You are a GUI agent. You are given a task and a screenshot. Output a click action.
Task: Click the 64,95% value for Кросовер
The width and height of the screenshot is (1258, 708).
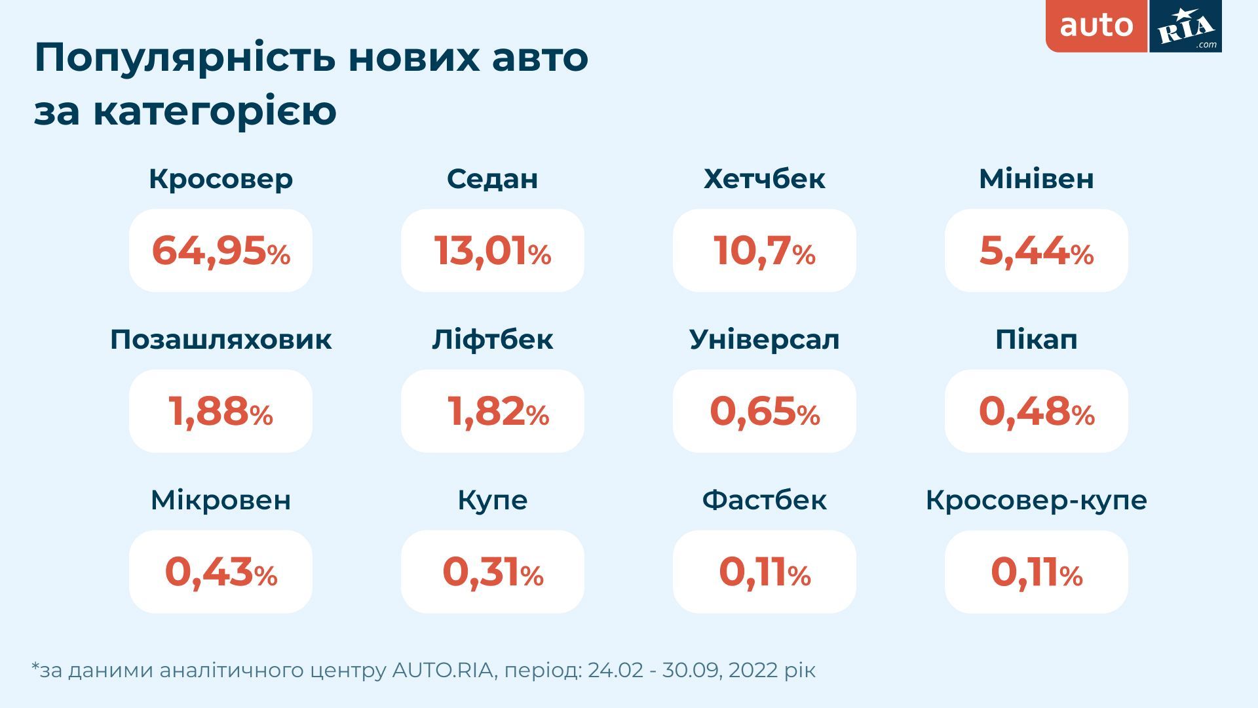pyautogui.click(x=221, y=251)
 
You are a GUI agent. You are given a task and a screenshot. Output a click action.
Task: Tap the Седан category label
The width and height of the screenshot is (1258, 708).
pyautogui.click(x=493, y=179)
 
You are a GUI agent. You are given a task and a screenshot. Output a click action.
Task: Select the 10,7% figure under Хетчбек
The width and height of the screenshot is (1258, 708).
pyautogui.click(x=765, y=251)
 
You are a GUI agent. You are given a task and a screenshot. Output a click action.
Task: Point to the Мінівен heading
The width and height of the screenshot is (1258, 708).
pyautogui.click(x=1036, y=179)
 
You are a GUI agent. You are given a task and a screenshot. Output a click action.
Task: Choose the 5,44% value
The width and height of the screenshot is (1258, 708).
pyautogui.click(x=1036, y=251)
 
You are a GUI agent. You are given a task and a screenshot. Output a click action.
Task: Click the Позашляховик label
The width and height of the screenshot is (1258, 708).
pyautogui.click(x=221, y=340)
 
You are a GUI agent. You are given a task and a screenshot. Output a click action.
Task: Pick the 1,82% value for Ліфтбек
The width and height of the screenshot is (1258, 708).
pyautogui.click(x=497, y=412)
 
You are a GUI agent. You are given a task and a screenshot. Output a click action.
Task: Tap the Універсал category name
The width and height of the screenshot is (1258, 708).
pyautogui.click(x=765, y=340)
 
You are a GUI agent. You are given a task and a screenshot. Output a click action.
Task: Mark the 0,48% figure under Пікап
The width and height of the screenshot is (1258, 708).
pyautogui.click(x=1036, y=412)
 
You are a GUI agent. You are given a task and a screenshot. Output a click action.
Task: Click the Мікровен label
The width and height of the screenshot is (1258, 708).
pyautogui.click(x=221, y=500)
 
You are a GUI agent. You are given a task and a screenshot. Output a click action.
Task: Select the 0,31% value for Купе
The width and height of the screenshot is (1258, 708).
pyautogui.click(x=493, y=572)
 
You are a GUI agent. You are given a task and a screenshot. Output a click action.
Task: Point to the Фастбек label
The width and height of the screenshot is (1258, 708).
pyautogui.click(x=765, y=500)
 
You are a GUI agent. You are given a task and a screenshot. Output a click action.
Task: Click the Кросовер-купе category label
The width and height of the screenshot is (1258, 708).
pyautogui.click(x=1036, y=500)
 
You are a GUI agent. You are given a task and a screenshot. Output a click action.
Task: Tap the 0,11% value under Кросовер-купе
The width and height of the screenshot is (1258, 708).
pyautogui.click(x=1036, y=572)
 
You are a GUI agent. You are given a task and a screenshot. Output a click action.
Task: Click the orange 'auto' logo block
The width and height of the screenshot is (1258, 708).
pyautogui.click(x=1096, y=26)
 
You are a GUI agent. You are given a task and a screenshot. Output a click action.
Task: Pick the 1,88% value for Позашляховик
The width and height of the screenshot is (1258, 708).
pyautogui.click(x=221, y=412)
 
